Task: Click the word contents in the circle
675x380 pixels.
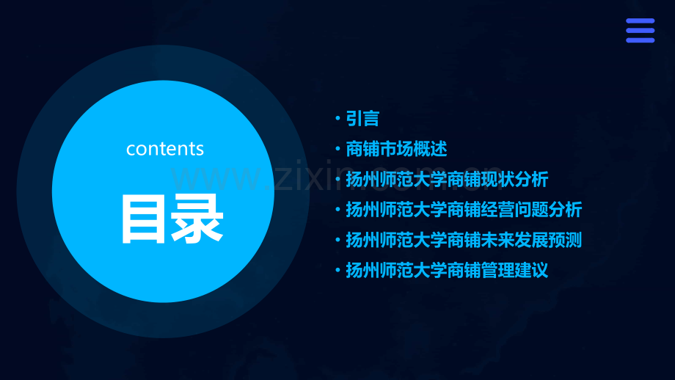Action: click(x=165, y=149)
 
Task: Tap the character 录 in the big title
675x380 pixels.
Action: click(x=197, y=219)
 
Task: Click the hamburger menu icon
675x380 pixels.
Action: click(x=640, y=31)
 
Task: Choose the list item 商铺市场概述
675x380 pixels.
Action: click(x=396, y=149)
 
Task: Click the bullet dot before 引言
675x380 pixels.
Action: click(x=337, y=118)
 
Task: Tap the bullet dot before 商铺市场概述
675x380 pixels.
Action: click(x=337, y=149)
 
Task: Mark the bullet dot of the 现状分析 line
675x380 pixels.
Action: click(x=337, y=180)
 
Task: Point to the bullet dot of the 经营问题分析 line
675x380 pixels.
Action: click(x=337, y=210)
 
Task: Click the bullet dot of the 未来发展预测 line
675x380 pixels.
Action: click(x=337, y=241)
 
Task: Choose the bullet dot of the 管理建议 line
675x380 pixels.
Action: click(x=337, y=271)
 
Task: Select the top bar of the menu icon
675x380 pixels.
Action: click(x=640, y=21)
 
